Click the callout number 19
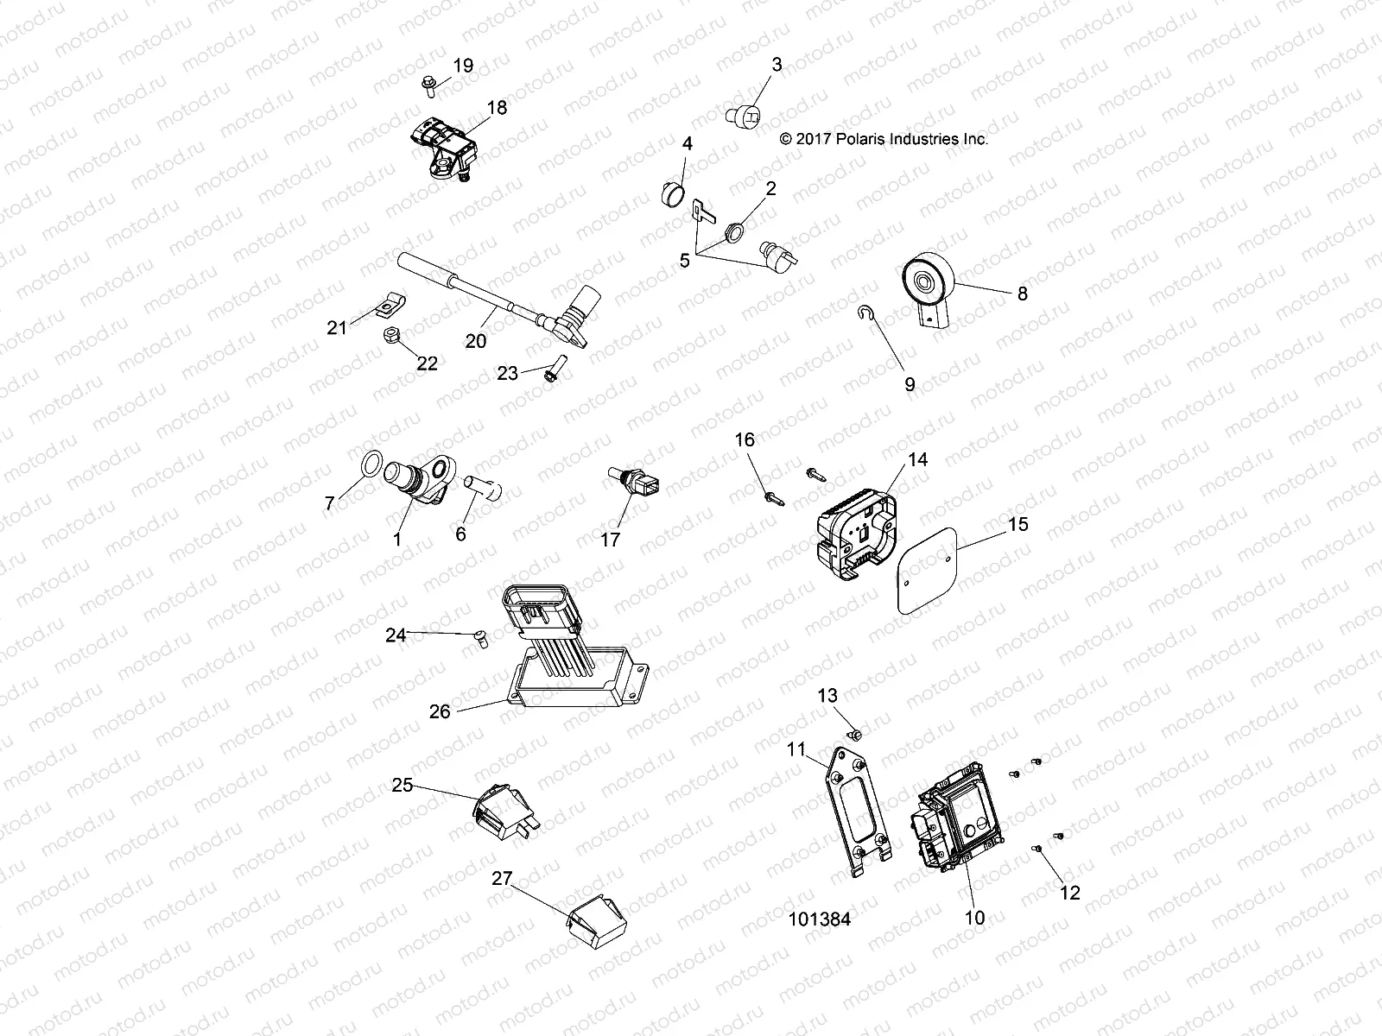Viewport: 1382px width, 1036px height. [463, 66]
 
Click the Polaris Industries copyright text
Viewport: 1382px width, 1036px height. [884, 138]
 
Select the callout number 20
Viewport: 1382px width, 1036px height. [476, 341]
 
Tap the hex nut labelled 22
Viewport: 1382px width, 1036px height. [390, 333]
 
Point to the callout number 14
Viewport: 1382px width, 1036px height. [918, 460]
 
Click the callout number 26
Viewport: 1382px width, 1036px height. [440, 711]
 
